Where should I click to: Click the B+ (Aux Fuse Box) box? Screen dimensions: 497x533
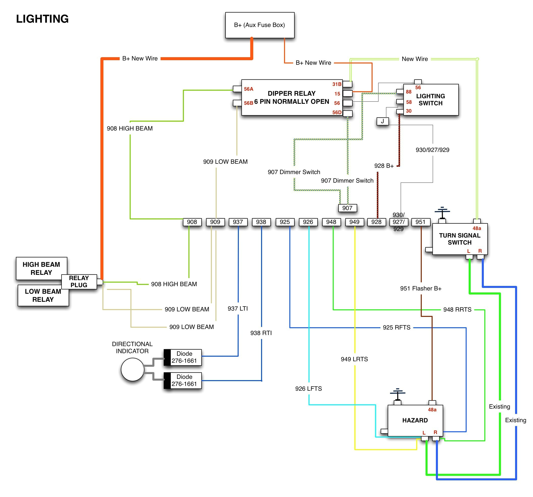pyautogui.click(x=260, y=25)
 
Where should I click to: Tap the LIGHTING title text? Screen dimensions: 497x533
pyautogui.click(x=42, y=19)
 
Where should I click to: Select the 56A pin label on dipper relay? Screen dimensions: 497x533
pyautogui.click(x=248, y=89)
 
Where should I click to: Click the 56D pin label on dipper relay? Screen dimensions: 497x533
pyautogui.click(x=337, y=112)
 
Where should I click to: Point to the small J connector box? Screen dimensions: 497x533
pyautogui.click(x=382, y=121)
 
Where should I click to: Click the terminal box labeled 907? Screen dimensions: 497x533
pyautogui.click(x=347, y=208)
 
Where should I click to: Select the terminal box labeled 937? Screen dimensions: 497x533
pyautogui.click(x=238, y=222)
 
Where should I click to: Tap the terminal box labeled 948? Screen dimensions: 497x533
pyautogui.click(x=331, y=222)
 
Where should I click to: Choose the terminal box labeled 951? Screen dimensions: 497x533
pyautogui.click(x=420, y=222)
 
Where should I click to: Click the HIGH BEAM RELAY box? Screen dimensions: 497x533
pyautogui.click(x=41, y=268)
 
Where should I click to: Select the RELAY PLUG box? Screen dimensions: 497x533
pyautogui.click(x=79, y=281)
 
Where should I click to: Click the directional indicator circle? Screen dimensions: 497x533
pyautogui.click(x=132, y=370)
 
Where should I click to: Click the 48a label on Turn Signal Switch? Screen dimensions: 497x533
pyautogui.click(x=476, y=228)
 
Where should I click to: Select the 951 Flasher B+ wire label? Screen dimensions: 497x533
pyautogui.click(x=421, y=288)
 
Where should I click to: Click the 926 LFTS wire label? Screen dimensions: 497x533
pyautogui.click(x=308, y=388)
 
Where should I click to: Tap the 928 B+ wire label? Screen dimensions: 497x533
pyautogui.click(x=384, y=166)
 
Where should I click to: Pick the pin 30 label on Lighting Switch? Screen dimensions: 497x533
pyautogui.click(x=408, y=111)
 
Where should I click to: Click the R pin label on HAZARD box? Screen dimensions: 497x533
pyautogui.click(x=435, y=432)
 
